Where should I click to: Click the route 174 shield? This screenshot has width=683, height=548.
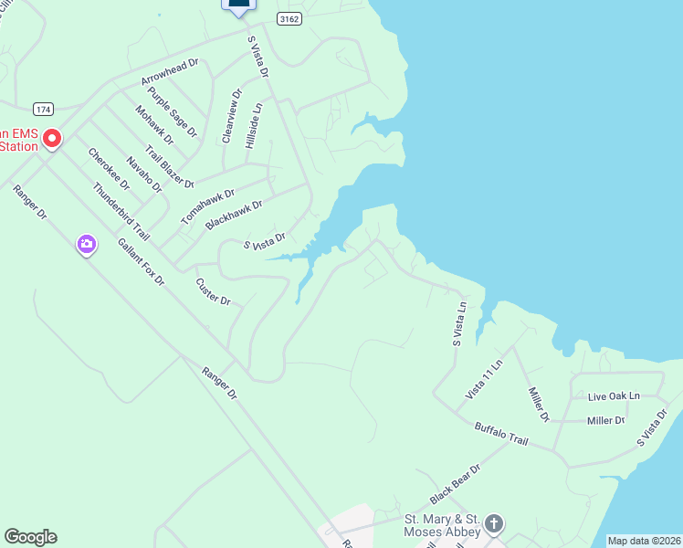tap(43, 109)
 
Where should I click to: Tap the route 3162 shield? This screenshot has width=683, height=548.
tap(289, 19)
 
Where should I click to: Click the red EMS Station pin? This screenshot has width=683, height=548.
tap(52, 139)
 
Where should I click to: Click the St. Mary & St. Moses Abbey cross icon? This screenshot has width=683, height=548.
tap(494, 524)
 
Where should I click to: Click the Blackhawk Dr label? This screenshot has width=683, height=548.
tap(234, 215)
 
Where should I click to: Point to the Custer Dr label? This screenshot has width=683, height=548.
tap(214, 291)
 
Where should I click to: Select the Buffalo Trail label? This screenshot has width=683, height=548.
tap(501, 434)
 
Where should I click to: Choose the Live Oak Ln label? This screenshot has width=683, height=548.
tap(615, 396)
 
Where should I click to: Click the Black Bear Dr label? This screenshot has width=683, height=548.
tap(455, 482)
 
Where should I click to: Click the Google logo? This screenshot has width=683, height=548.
tap(30, 537)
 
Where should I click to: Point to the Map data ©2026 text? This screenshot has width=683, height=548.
tap(644, 541)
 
